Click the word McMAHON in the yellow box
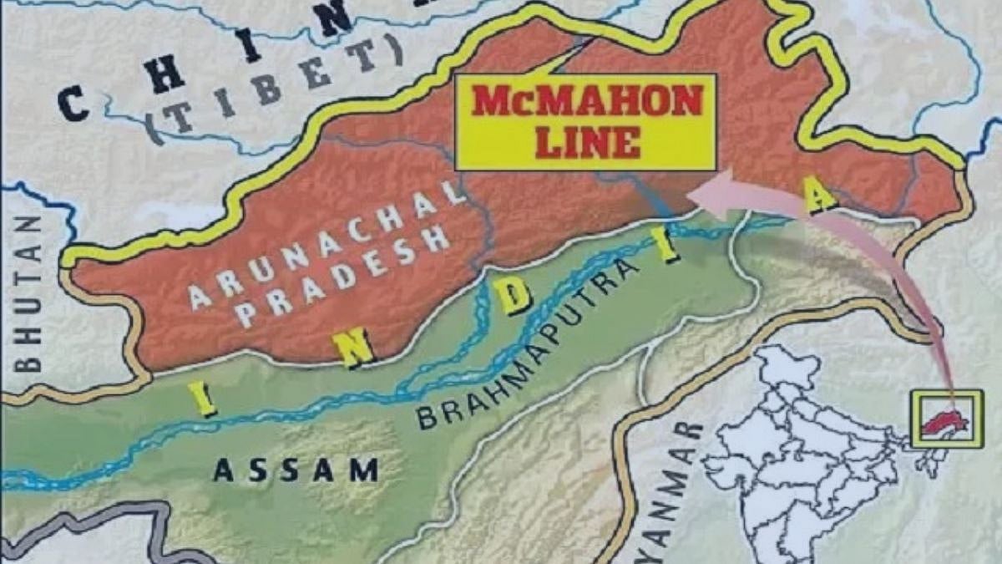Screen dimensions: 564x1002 586,102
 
